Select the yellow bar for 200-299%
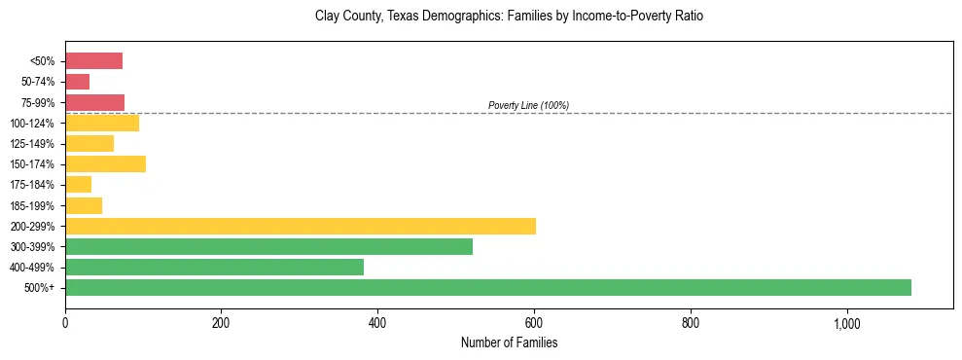coord(301,226)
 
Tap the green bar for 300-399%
coord(268,246)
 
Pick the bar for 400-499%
coord(214,267)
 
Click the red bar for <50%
coord(93,61)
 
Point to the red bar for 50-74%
coord(78,82)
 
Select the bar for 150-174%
coord(105,163)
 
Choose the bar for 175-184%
coord(79,184)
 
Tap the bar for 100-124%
coord(102,123)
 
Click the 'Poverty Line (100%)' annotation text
coord(528,105)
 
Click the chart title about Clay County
coord(509,17)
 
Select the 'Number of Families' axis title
coord(509,342)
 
